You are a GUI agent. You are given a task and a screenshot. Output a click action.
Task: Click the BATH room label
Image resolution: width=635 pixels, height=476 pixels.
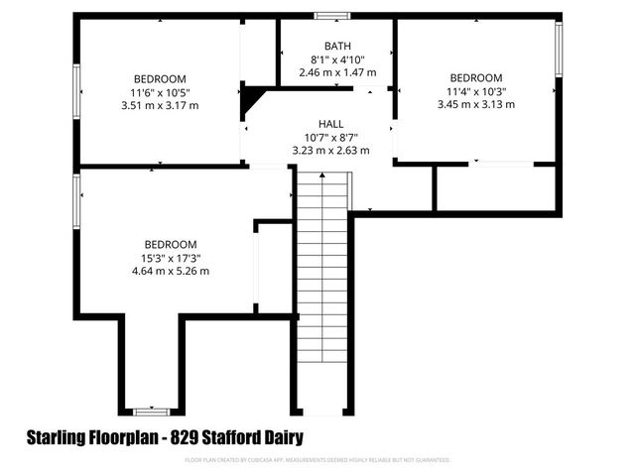coord(337,46)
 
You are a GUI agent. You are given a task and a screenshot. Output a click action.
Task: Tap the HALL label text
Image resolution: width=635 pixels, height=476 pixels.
coord(330,124)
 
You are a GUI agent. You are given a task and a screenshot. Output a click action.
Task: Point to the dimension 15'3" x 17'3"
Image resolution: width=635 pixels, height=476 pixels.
coord(171,258)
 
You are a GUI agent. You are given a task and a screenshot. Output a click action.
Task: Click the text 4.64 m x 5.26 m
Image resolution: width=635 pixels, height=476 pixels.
coord(171,271)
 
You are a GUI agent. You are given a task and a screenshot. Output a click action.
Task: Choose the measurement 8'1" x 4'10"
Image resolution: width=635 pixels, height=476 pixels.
coord(337,59)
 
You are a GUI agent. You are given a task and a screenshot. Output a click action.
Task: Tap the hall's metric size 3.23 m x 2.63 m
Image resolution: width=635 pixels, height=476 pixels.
coord(330,151)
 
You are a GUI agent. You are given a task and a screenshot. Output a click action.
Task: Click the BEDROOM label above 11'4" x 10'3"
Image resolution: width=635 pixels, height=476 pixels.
coord(476,78)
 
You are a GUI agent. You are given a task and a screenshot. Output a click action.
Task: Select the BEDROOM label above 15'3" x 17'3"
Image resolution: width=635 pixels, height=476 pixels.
coord(171,244)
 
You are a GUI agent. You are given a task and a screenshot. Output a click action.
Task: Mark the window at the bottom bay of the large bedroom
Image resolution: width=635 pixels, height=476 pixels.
coord(152,411)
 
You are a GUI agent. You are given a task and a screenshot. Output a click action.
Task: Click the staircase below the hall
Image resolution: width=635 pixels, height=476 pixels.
coord(323,288)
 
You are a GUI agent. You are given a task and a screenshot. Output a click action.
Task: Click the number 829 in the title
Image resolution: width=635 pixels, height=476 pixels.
coord(186,437)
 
